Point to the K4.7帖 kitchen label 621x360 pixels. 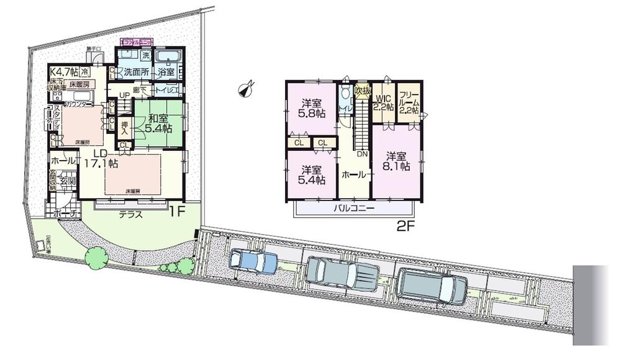tap(63, 73)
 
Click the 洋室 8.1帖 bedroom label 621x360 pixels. tap(397, 160)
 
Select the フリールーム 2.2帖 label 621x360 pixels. tap(408, 102)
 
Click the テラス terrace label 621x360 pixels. tap(131, 215)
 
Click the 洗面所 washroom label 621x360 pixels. tap(135, 72)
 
